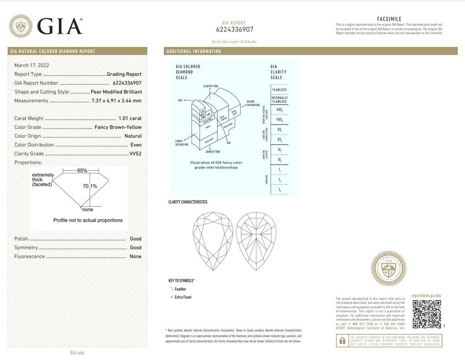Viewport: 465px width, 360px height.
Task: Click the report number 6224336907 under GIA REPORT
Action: pyautogui.click(x=234, y=30)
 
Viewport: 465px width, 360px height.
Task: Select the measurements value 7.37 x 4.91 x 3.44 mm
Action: pyautogui.click(x=116, y=101)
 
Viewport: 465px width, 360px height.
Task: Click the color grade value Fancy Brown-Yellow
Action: pyautogui.click(x=118, y=127)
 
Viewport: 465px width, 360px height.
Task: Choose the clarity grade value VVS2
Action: pyautogui.click(x=135, y=154)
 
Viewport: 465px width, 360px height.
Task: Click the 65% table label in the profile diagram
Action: pyautogui.click(x=82, y=170)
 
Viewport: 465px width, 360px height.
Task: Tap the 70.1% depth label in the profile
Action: pyautogui.click(x=90, y=186)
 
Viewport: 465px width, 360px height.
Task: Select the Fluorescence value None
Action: pyautogui.click(x=135, y=257)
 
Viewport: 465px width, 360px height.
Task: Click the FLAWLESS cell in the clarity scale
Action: pyautogui.click(x=279, y=90)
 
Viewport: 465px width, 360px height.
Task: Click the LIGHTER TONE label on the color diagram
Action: pyautogui.click(x=210, y=86)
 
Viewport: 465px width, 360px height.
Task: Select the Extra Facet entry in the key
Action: pyautogui.click(x=183, y=297)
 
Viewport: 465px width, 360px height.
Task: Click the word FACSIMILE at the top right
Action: pyautogui.click(x=389, y=19)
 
